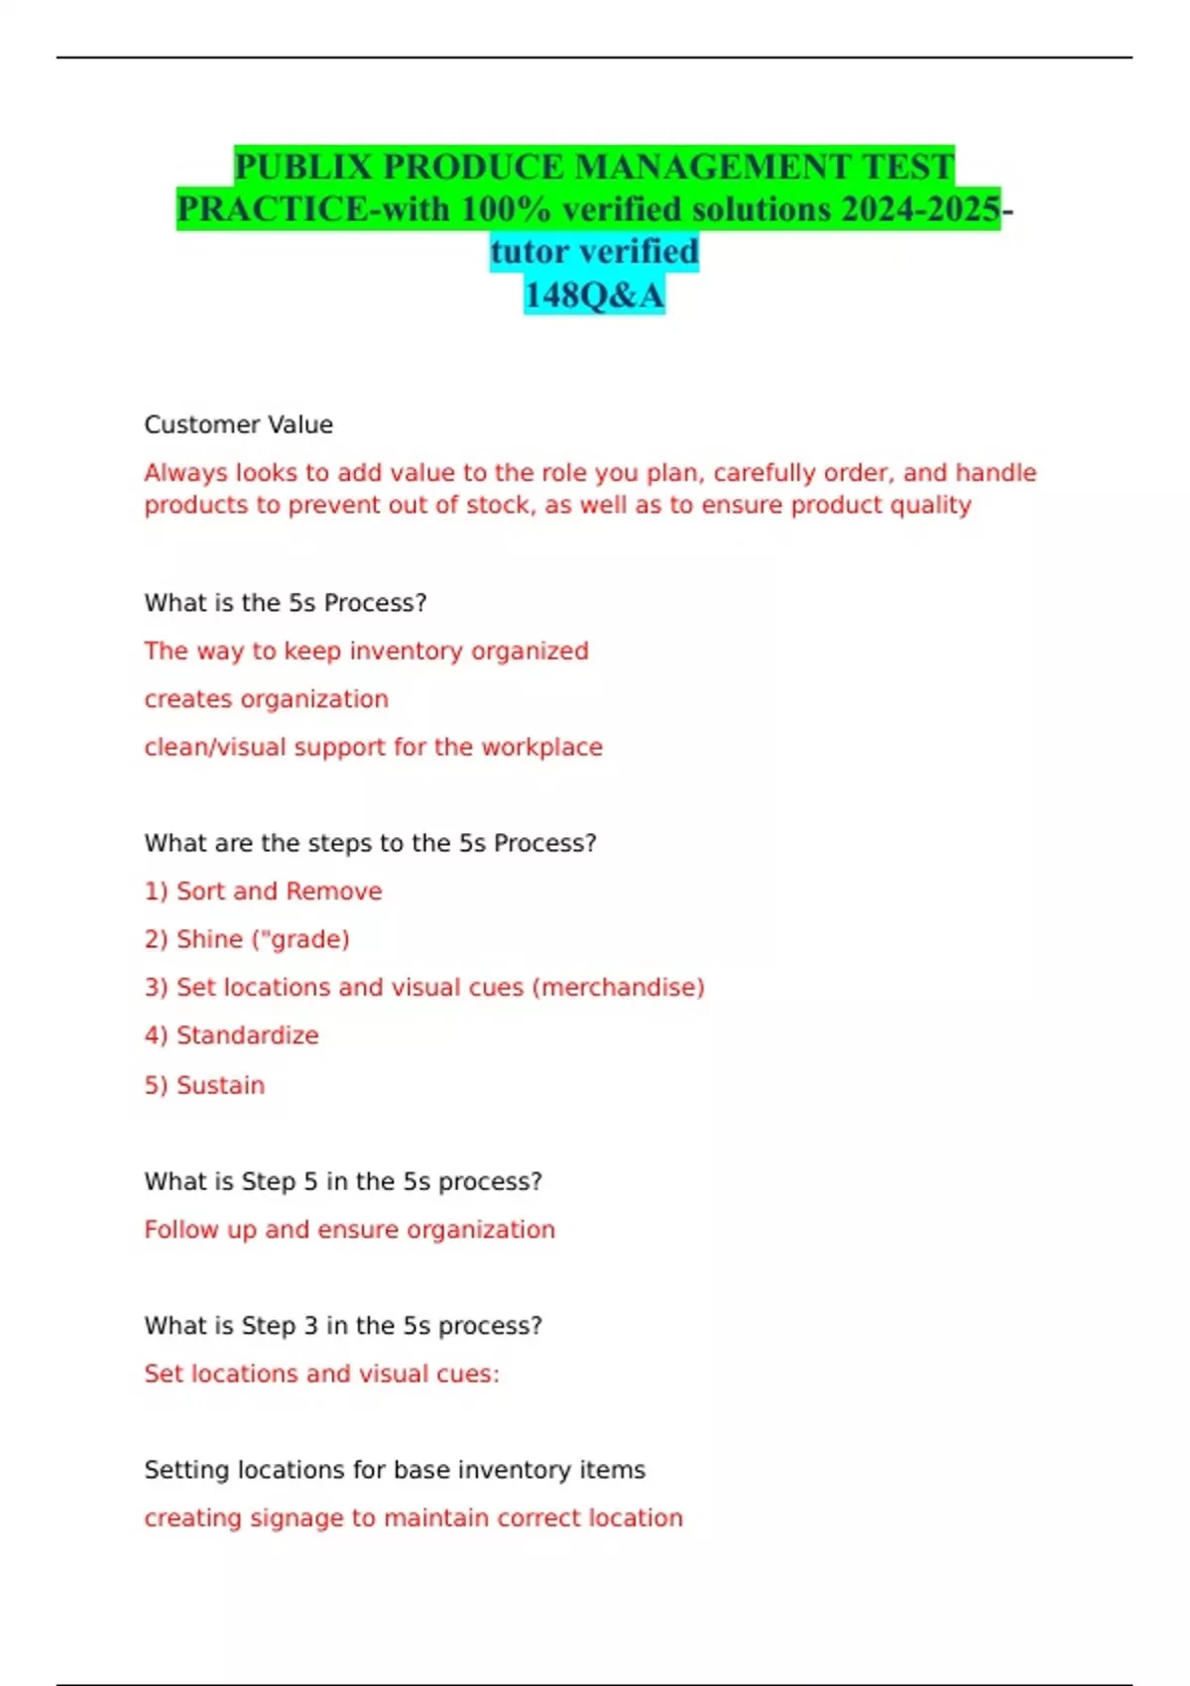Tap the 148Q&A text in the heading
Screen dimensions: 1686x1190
[594, 295]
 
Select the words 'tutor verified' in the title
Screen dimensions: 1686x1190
[594, 252]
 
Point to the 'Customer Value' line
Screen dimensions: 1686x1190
[238, 424]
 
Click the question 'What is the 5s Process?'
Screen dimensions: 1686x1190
[286, 603]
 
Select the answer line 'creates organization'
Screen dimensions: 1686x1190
[266, 699]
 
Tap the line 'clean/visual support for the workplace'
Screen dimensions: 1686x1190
[373, 747]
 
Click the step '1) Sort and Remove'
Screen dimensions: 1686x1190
[263, 891]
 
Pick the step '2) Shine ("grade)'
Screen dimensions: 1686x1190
[247, 939]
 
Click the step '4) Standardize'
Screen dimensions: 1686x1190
[231, 1035]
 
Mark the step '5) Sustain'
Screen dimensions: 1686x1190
[204, 1085]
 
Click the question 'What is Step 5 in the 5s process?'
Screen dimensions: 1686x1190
[343, 1181]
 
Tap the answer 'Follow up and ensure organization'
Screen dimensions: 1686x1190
[349, 1230]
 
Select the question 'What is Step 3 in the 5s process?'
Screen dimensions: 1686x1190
[343, 1326]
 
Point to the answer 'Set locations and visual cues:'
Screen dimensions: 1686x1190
[321, 1374]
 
